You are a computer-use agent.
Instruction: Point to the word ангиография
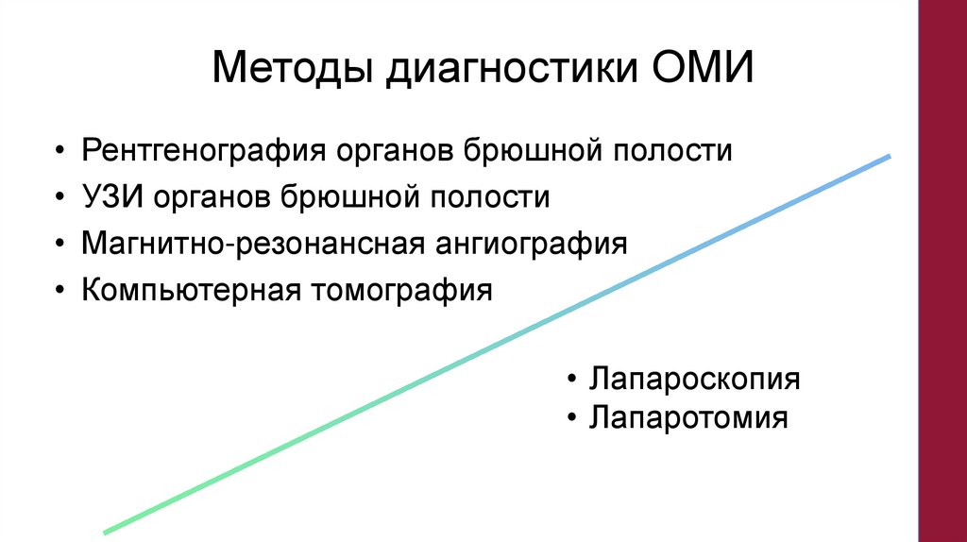point(532,243)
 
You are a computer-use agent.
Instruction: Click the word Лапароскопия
point(695,380)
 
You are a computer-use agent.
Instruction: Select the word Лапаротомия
point(688,416)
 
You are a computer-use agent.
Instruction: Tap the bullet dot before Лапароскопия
point(572,381)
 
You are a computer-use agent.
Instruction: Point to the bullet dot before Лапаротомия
point(572,417)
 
